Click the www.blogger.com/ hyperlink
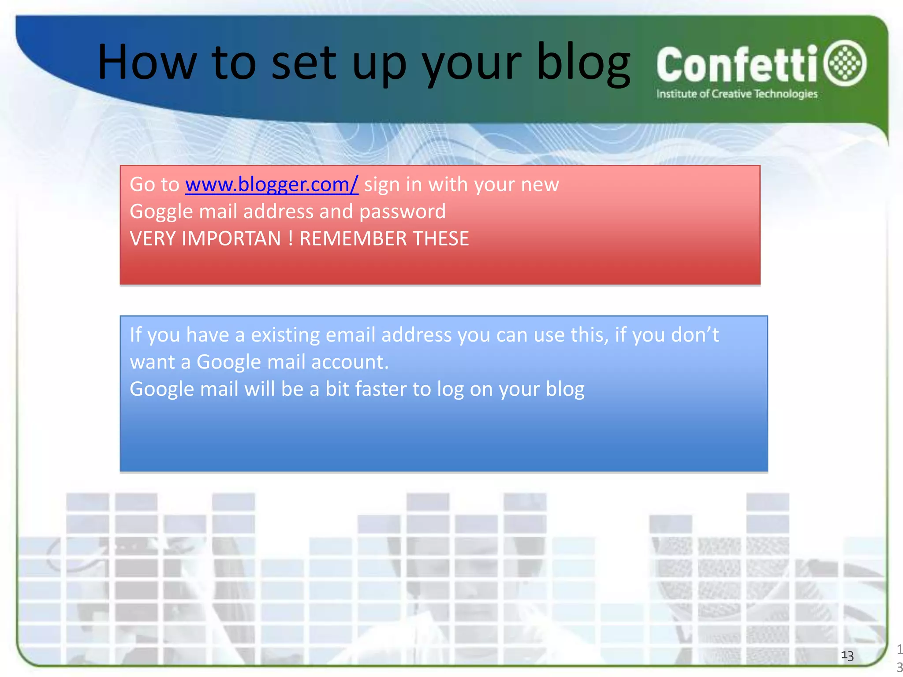point(272,184)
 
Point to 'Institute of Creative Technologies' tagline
point(737,94)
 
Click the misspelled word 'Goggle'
point(161,212)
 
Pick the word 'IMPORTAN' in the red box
point(231,239)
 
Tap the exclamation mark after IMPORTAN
point(290,239)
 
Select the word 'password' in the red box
point(402,212)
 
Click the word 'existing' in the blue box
point(285,335)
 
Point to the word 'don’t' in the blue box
point(695,335)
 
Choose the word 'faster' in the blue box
point(381,389)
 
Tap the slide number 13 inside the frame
point(847,656)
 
